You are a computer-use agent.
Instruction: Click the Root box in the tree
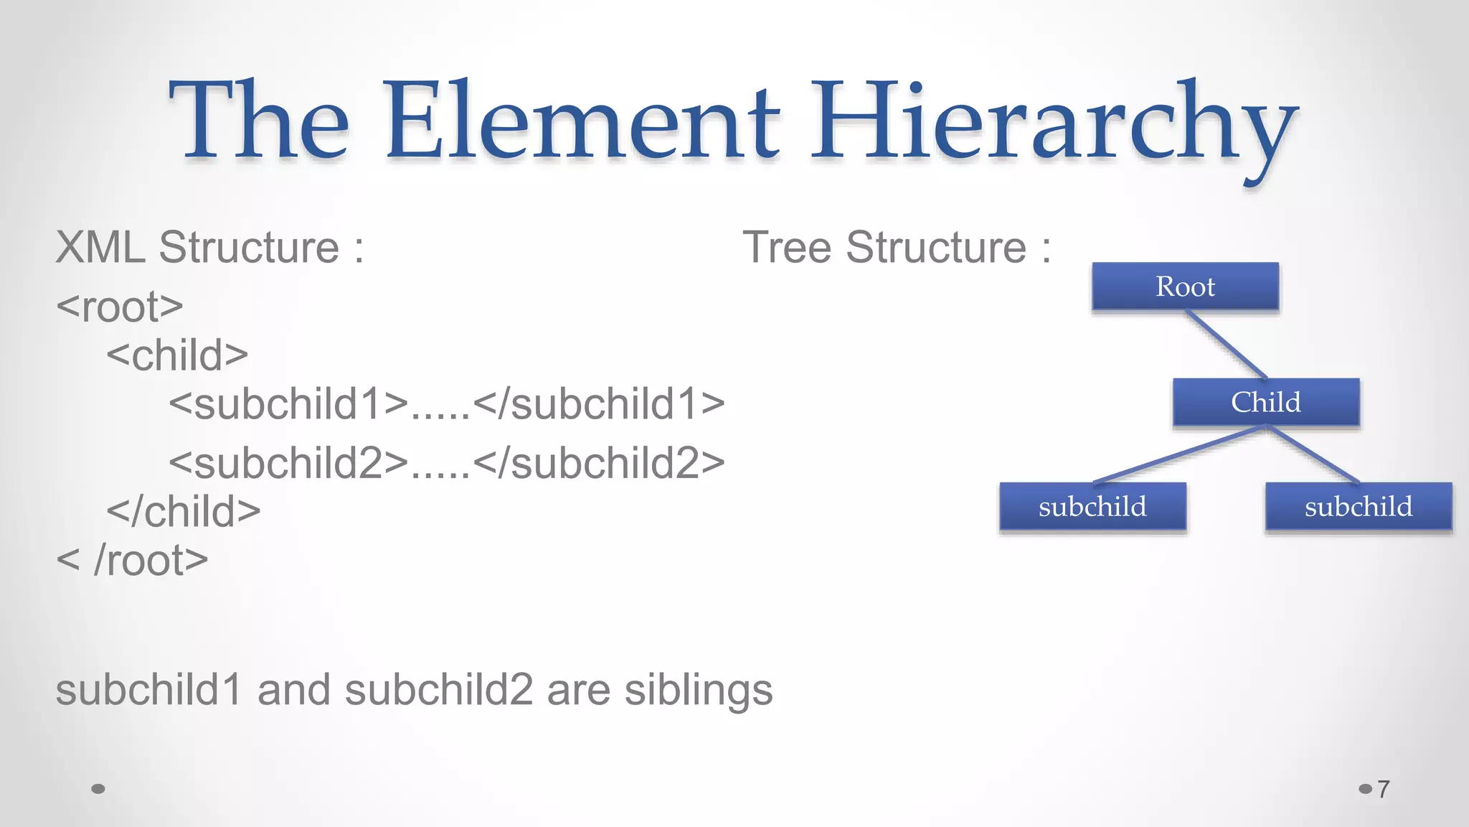(x=1185, y=286)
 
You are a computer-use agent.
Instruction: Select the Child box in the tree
(x=1266, y=402)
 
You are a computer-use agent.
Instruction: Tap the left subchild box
(x=1092, y=507)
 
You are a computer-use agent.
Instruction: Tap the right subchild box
(x=1359, y=507)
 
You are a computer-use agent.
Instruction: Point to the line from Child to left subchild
(x=1180, y=454)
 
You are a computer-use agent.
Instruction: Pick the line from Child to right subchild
(x=1313, y=454)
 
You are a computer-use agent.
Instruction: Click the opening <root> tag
(x=120, y=307)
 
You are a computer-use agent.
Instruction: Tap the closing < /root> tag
(x=132, y=561)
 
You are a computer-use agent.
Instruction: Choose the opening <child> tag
(x=177, y=355)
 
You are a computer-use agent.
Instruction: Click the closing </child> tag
(x=184, y=512)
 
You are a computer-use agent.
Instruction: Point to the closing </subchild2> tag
(x=599, y=463)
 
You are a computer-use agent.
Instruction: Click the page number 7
(x=1383, y=789)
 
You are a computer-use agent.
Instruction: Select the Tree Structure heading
(x=896, y=248)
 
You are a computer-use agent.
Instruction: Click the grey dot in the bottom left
(x=99, y=789)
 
